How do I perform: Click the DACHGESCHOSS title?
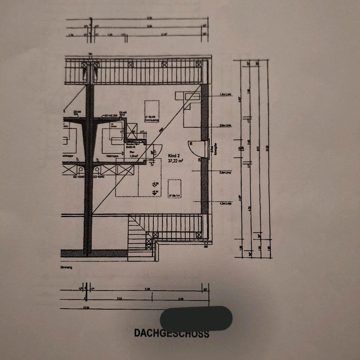172,333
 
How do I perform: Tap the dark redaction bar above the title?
196,318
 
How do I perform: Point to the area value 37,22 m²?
175,160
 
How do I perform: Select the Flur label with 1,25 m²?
134,154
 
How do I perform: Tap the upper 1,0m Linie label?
225,94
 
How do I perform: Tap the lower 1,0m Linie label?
225,204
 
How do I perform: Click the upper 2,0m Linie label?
225,126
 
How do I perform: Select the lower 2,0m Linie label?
225,172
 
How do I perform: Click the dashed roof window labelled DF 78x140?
151,111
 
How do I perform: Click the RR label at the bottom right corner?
205,247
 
